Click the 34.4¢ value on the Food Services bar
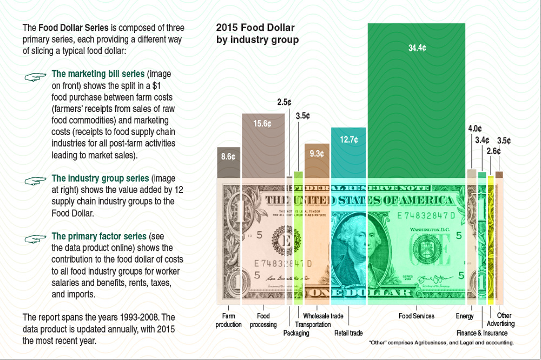pos(417,48)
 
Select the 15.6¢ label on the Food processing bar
pos(262,123)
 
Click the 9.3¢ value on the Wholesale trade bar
pos(316,154)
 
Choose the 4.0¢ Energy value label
pos(474,129)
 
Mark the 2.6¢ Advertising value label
pos(493,151)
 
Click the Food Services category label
pos(417,316)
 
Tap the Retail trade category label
pos(348,333)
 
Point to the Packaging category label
pos(296,333)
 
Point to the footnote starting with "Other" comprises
pos(441,343)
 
